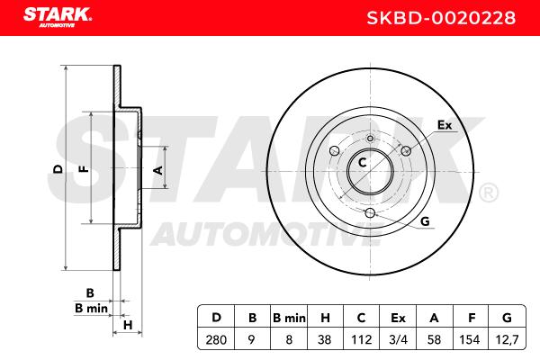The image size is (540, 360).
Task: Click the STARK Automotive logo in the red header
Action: (58, 18)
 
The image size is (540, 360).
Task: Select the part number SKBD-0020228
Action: (441, 18)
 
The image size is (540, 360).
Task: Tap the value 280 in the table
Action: (216, 340)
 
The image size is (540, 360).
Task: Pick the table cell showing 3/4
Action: (398, 340)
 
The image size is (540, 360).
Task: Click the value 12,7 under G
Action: (507, 340)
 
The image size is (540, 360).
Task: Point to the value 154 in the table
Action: (470, 340)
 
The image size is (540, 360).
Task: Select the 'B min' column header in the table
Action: (289, 318)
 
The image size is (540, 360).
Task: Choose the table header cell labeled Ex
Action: (398, 318)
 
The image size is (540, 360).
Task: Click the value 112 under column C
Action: (361, 340)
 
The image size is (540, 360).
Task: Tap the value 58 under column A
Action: (434, 340)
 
